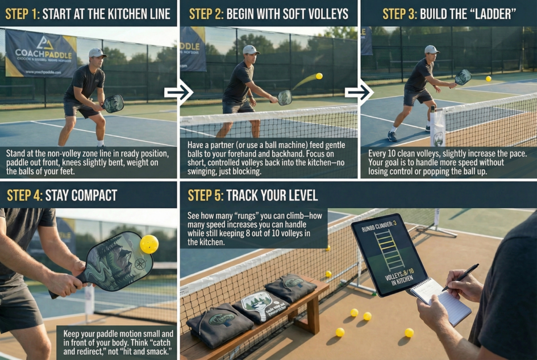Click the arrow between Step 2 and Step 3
click(x=359, y=93)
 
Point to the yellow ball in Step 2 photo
click(x=319, y=76)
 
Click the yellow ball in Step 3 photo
click(x=488, y=78)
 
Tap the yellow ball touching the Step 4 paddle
click(x=149, y=244)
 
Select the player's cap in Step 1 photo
click(x=97, y=53)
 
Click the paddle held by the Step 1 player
click(x=113, y=103)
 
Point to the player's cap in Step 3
click(x=431, y=50)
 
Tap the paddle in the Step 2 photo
click(x=285, y=97)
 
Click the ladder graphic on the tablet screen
click(x=390, y=250)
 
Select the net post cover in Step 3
click(x=437, y=128)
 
